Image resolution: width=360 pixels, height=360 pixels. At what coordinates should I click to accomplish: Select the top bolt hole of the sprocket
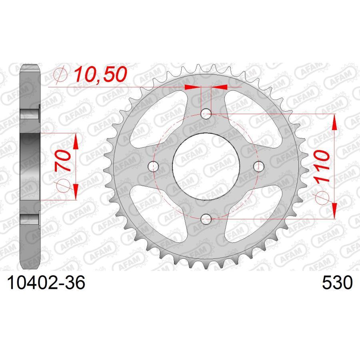(x=206, y=114)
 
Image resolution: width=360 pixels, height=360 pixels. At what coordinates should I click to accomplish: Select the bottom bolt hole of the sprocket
(x=206, y=218)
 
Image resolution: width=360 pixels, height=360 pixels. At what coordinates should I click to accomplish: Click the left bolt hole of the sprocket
(x=154, y=166)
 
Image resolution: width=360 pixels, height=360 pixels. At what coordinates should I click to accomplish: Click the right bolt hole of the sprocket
(x=259, y=166)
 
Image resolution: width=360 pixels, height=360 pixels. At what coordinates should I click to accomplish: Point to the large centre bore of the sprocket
(x=206, y=166)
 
